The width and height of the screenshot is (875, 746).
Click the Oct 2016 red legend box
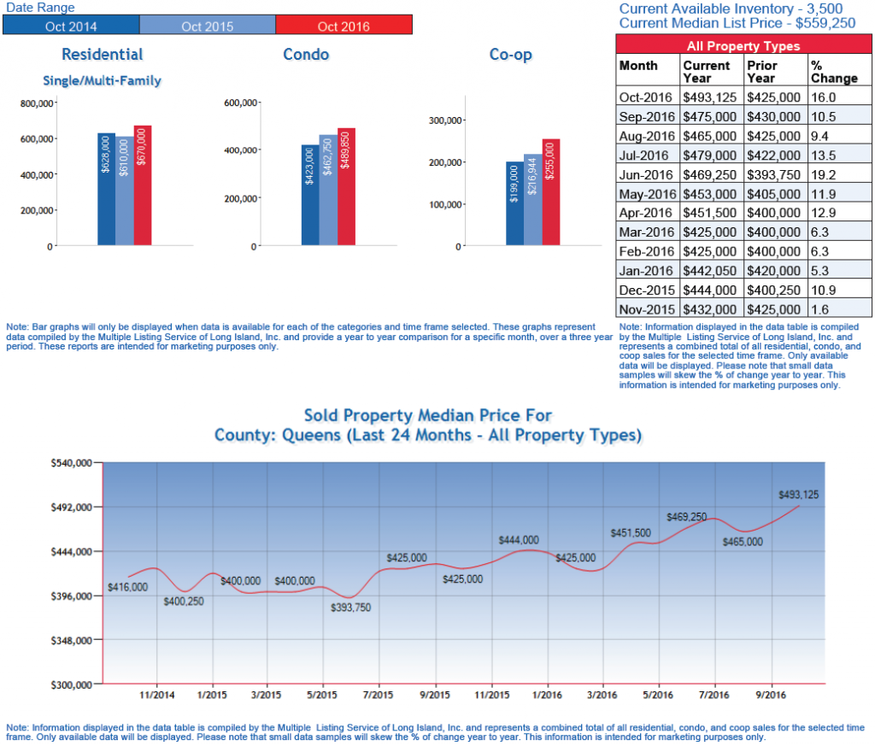click(344, 26)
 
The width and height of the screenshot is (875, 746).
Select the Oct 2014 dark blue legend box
click(70, 26)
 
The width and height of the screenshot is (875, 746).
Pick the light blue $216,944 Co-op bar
click(532, 200)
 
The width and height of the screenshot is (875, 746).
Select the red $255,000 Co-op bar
click(550, 192)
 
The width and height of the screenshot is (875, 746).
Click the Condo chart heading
click(306, 55)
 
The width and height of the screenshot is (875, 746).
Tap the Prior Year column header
click(775, 72)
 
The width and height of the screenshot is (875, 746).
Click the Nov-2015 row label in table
click(648, 308)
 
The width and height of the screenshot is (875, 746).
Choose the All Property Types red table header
click(743, 45)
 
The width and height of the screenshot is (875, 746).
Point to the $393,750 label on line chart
click(351, 608)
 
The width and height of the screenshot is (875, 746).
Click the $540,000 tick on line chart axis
click(72, 463)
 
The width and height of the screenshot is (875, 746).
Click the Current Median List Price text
click(737, 22)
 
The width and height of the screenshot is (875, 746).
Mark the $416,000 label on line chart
click(128, 587)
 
